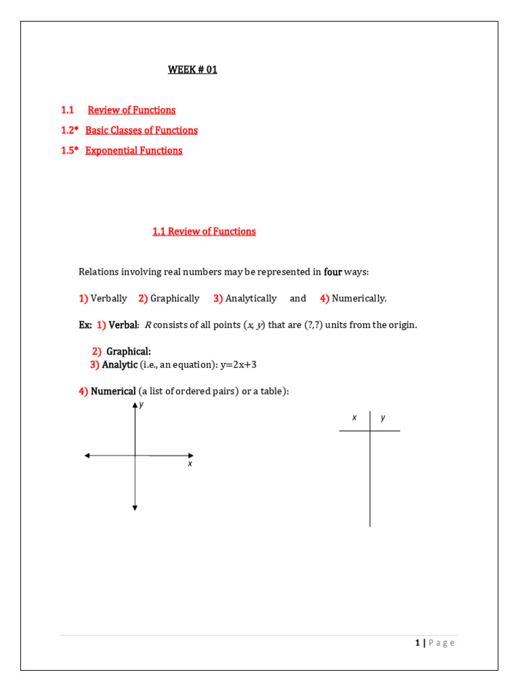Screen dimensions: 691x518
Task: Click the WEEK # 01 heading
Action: tap(192, 70)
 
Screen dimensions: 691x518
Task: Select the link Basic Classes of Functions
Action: tap(142, 130)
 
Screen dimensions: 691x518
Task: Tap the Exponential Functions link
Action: tap(134, 150)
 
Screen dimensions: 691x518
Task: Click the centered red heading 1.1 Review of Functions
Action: tap(204, 231)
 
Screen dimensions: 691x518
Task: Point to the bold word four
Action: tap(333, 272)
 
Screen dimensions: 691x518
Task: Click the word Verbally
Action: tap(109, 298)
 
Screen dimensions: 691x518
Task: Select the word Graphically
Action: tap(175, 298)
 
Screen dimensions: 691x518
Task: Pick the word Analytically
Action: tap(251, 298)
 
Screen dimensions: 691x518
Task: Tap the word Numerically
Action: tap(359, 298)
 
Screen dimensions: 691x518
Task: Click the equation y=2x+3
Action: tap(239, 365)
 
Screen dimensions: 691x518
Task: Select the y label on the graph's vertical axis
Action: tap(141, 404)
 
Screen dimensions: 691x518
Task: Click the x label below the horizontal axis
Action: tap(190, 464)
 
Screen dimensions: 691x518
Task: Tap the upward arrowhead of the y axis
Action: tap(136, 404)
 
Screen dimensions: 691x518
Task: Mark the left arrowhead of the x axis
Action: tap(87, 455)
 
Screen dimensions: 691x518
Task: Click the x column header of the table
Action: tap(354, 418)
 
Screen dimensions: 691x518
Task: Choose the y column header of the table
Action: tap(383, 418)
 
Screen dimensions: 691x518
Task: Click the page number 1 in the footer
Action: tap(418, 643)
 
